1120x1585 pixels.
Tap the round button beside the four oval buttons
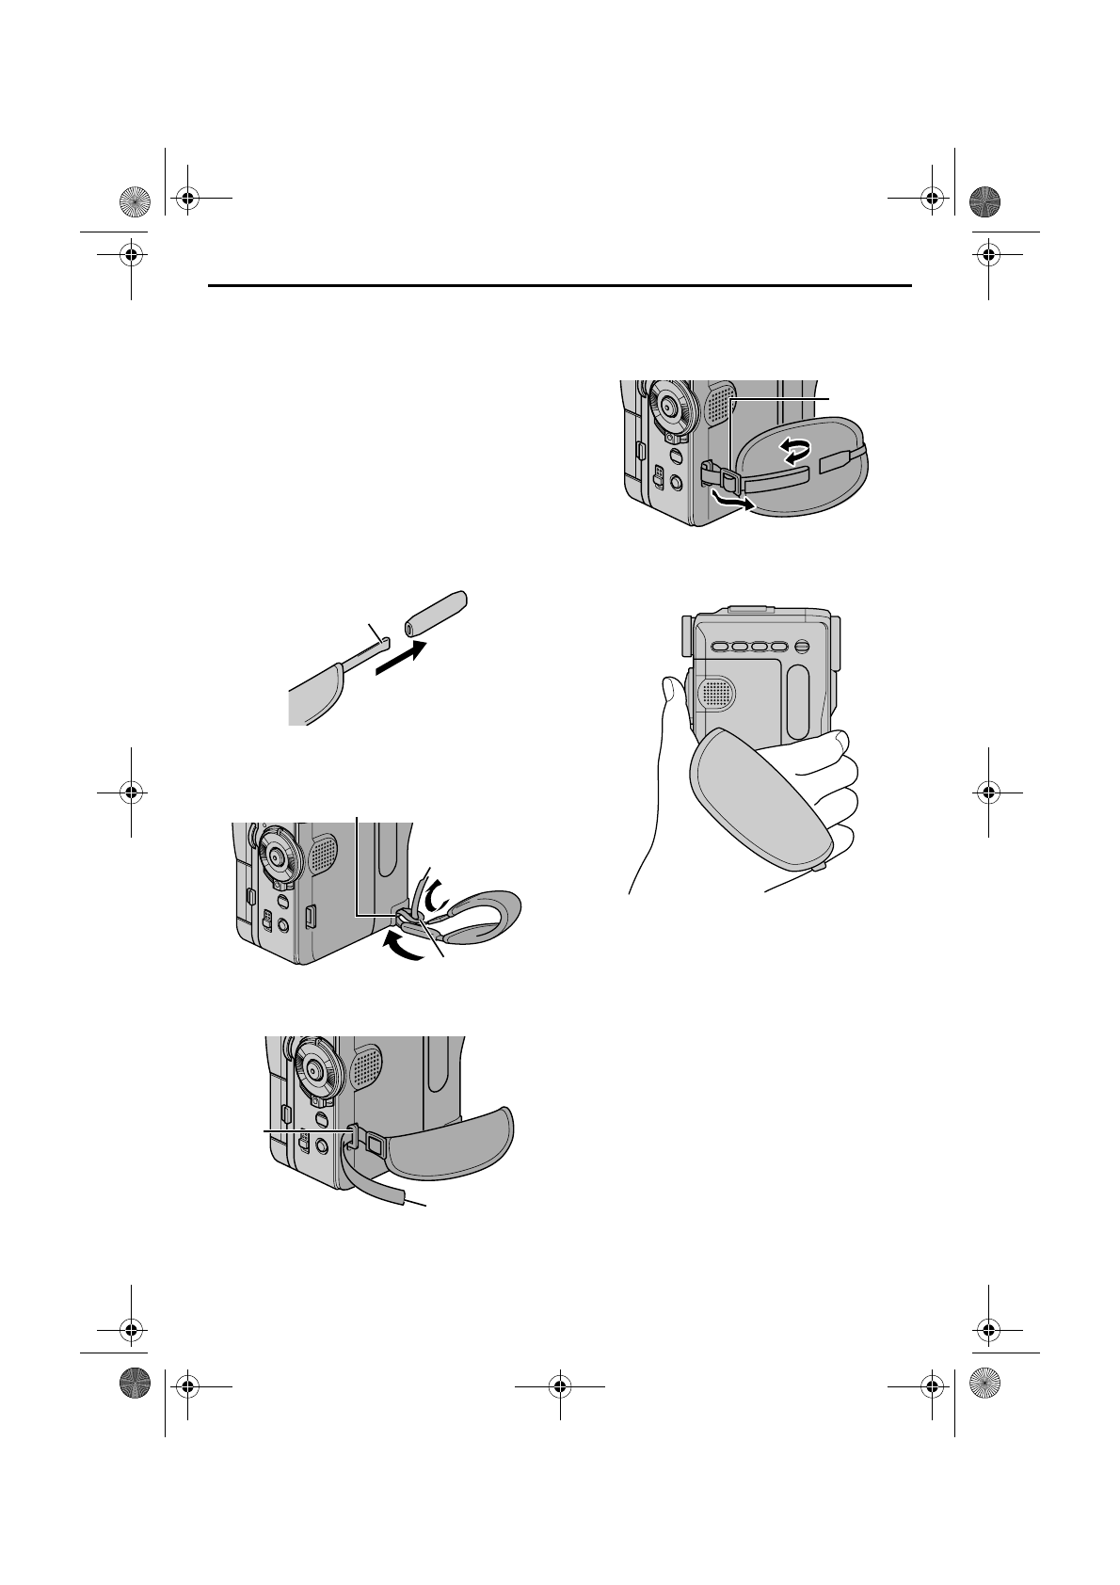click(x=802, y=647)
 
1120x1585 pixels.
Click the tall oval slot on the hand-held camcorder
click(x=798, y=701)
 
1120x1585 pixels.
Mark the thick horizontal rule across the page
click(x=560, y=286)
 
